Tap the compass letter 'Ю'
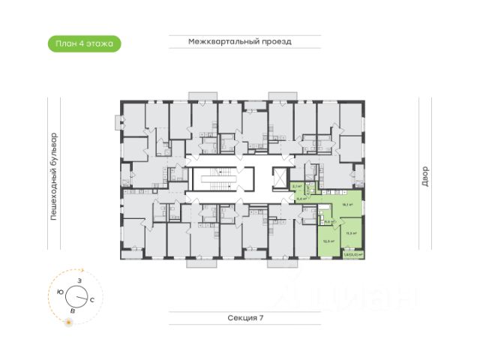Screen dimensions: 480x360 coord(60,291)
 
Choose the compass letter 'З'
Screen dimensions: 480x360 coord(79,280)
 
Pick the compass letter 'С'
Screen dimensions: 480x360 coord(91,299)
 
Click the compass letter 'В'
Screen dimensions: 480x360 coord(72,309)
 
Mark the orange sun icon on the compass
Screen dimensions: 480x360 coord(69,322)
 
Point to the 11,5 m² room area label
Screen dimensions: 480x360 coord(350,234)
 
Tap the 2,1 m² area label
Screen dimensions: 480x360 coord(297,185)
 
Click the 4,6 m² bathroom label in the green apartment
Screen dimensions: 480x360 coord(328,221)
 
